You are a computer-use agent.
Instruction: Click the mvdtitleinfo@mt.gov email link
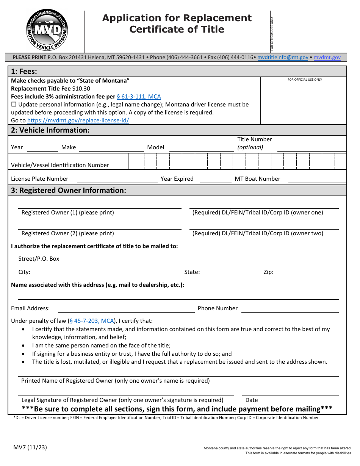click(283, 57)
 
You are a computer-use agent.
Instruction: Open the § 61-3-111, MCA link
click(139, 97)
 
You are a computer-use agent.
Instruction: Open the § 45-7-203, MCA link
click(92, 321)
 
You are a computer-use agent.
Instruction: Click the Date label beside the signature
click(252, 400)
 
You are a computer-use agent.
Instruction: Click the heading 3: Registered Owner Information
click(69, 191)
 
